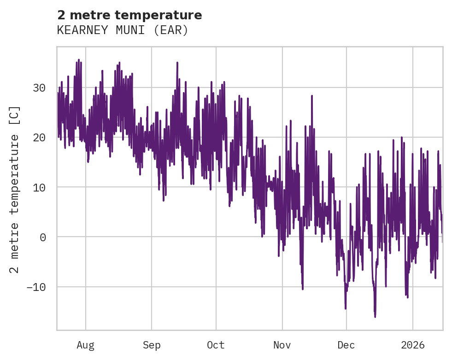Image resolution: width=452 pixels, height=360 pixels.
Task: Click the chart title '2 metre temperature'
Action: [129, 15]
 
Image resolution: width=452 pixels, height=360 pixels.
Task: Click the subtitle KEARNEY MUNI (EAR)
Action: [123, 30]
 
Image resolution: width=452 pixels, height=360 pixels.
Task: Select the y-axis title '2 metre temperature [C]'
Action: [15, 190]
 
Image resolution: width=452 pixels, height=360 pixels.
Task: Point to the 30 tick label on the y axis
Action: [40, 87]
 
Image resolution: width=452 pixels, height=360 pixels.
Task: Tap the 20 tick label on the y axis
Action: [40, 137]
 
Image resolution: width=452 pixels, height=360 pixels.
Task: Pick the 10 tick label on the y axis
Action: [40, 187]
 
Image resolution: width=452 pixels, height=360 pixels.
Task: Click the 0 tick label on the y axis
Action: [43, 237]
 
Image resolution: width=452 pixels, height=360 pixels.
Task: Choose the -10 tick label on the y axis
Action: [36, 287]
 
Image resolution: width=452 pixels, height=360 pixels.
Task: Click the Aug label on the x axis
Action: [86, 345]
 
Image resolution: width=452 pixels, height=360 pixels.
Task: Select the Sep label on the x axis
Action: [152, 345]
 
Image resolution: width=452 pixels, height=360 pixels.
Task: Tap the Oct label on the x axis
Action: [216, 345]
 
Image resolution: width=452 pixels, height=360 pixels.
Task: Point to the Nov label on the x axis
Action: [282, 345]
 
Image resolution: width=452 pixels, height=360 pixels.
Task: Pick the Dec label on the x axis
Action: [346, 345]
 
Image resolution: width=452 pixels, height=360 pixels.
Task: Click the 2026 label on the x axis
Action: [412, 345]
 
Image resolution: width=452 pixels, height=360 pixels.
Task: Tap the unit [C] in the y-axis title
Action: [15, 116]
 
